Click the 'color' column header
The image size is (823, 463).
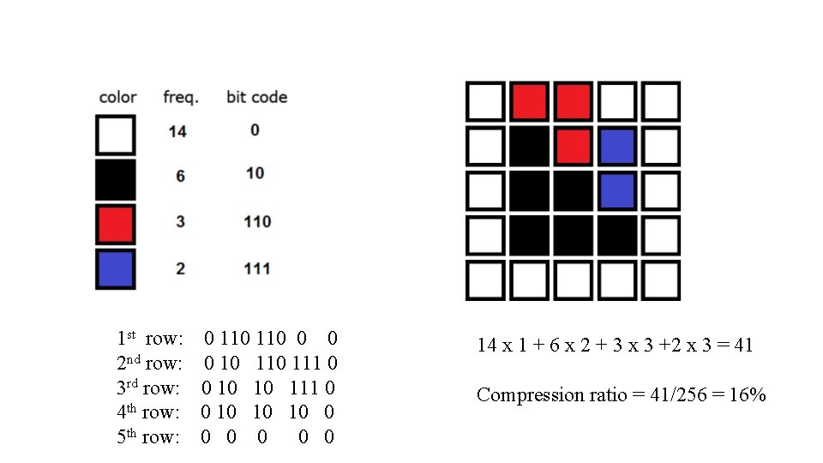[x=117, y=97]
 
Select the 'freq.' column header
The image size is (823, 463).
[x=181, y=97]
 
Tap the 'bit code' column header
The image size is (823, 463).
[x=256, y=97]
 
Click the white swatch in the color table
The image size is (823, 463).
[x=116, y=135]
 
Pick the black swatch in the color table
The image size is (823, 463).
[x=116, y=179]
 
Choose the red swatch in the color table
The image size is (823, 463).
[x=116, y=224]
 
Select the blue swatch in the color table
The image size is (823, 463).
[x=116, y=268]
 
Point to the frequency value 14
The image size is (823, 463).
[x=177, y=131]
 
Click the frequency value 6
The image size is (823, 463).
[x=180, y=176]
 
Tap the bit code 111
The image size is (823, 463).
[x=256, y=268]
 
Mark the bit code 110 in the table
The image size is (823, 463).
[x=256, y=221]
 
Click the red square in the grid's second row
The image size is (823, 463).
[x=573, y=146]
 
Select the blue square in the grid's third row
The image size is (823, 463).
[x=616, y=190]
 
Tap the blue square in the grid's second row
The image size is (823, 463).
[x=616, y=146]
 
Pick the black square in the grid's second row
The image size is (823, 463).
[x=529, y=146]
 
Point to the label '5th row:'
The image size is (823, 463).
[x=148, y=437]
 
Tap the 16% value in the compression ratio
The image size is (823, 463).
[x=746, y=394]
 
